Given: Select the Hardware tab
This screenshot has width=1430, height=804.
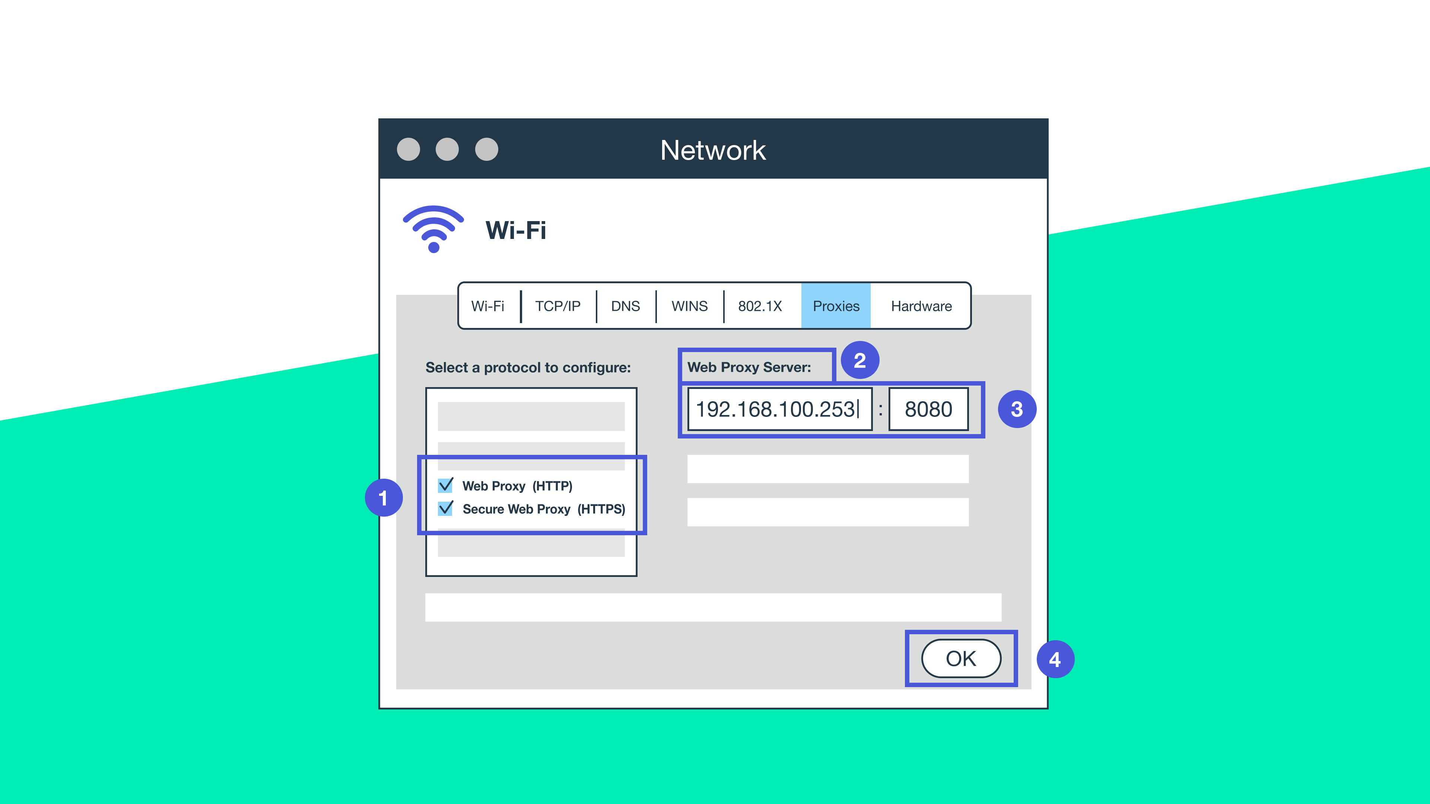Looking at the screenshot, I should pos(921,306).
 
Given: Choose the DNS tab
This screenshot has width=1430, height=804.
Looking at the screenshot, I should pos(625,306).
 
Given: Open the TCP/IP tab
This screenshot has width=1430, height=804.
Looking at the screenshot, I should pos(557,306).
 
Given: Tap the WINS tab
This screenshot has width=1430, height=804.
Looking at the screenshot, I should pos(689,306).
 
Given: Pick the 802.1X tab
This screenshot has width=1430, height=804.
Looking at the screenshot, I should pos(759,306).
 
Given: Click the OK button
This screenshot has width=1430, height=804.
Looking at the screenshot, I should pos(961,658).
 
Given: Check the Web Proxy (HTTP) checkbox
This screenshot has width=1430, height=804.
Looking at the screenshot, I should pos(445,485).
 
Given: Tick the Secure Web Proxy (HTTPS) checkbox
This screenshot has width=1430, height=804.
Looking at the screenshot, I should pos(445,509).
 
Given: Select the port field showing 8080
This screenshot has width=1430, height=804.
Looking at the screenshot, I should pos(928,409).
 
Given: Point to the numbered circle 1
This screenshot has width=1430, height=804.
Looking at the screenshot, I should pos(384,498).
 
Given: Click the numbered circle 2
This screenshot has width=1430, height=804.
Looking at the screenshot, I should pos(860,360).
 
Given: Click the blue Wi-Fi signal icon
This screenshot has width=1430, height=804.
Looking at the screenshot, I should pos(433,229).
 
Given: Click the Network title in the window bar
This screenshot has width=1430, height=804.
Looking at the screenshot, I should pos(713,150).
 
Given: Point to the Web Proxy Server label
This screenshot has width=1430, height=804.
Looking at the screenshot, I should pos(749,367).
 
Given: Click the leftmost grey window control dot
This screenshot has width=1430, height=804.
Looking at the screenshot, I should pos(409,149).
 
